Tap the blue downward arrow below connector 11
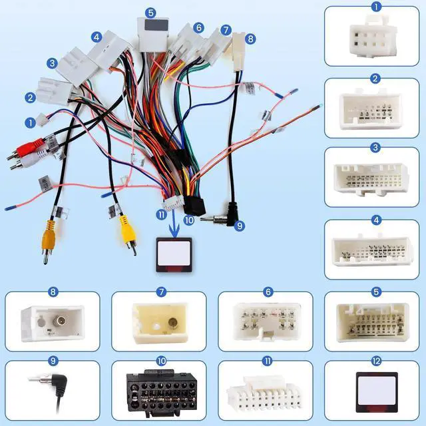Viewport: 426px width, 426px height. tap(174, 224)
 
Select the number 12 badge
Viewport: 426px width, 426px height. tap(376, 361)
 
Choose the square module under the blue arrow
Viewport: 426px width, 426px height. tap(174, 255)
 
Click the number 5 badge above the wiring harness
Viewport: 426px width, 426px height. tap(150, 13)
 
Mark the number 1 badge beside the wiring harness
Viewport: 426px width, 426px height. tap(30, 122)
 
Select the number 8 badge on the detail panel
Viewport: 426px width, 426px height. tap(53, 292)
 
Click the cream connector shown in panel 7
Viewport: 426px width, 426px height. tap(160, 323)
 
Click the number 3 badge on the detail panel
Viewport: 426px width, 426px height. tap(375, 148)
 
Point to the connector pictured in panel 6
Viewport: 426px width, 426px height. tap(267, 322)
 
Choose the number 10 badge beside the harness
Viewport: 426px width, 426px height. tap(189, 220)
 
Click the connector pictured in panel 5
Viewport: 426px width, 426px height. tap(373, 322)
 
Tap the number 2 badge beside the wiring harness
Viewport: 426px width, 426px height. tap(30, 98)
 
